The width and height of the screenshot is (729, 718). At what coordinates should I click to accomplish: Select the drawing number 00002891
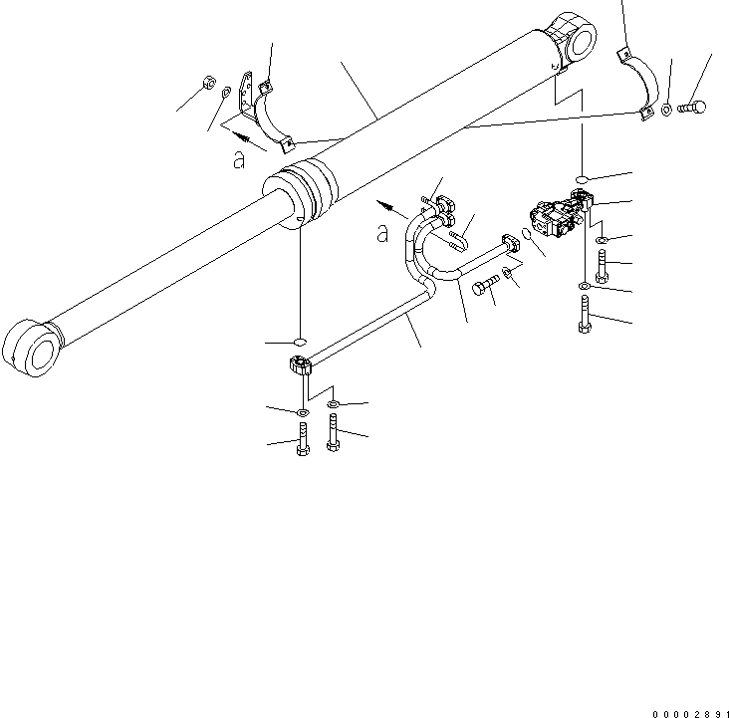(x=690, y=713)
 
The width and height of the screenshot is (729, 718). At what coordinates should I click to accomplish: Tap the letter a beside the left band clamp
(x=238, y=159)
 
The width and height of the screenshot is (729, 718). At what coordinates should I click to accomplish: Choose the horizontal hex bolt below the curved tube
(x=487, y=287)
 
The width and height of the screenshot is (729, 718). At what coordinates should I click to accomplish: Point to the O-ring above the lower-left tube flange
(x=300, y=338)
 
